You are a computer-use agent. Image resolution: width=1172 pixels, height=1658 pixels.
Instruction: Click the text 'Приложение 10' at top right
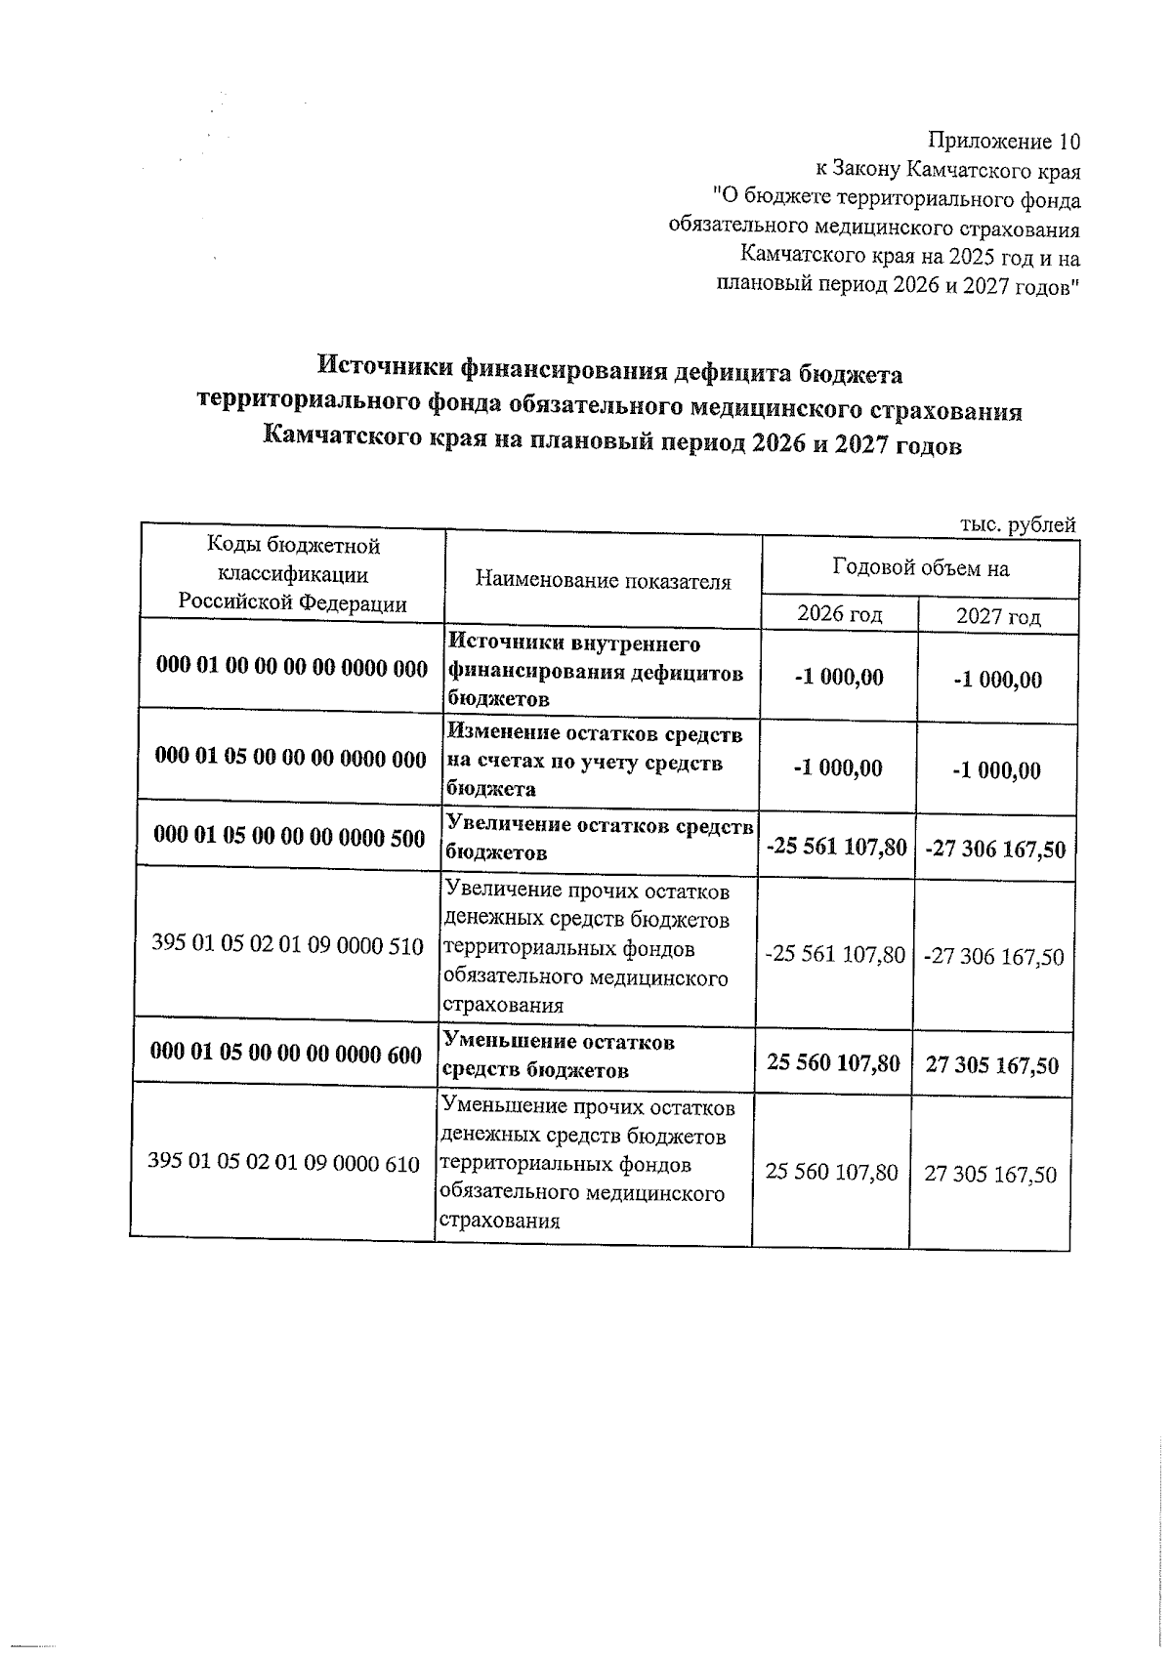[1003, 143]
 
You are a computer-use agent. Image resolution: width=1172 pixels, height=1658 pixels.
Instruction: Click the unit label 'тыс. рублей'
[1018, 525]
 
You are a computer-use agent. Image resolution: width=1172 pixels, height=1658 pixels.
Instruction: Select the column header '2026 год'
[840, 614]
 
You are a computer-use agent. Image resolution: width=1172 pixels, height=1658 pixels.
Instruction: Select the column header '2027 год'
[997, 616]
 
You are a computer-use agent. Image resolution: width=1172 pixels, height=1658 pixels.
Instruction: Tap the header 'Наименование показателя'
[603, 582]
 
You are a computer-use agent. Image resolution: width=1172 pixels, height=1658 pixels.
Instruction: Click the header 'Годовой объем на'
[920, 568]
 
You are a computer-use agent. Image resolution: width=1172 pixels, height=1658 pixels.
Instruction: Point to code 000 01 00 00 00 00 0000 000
[292, 669]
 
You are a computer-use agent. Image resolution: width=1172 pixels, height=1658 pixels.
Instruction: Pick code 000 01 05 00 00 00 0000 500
[290, 838]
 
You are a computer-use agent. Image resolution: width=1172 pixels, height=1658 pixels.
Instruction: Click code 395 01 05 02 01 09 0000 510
[288, 945]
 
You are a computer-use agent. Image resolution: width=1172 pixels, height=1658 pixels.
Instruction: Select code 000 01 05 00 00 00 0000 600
[286, 1054]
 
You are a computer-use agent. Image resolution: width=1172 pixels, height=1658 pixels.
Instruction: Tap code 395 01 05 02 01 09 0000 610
[283, 1162]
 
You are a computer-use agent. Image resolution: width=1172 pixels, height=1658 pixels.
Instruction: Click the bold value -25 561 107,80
[837, 847]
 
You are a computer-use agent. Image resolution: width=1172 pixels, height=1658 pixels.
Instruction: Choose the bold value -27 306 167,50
[994, 850]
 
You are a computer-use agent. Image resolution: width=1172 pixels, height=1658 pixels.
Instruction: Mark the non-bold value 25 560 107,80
[831, 1172]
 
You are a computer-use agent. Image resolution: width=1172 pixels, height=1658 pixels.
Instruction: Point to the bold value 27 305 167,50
[991, 1065]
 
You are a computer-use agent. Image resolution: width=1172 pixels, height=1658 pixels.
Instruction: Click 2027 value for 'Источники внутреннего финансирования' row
[997, 681]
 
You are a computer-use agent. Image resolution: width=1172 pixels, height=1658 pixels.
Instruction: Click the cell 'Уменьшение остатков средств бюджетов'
[558, 1056]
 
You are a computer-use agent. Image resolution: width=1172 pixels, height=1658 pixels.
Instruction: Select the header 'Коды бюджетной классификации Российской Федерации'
[292, 574]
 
